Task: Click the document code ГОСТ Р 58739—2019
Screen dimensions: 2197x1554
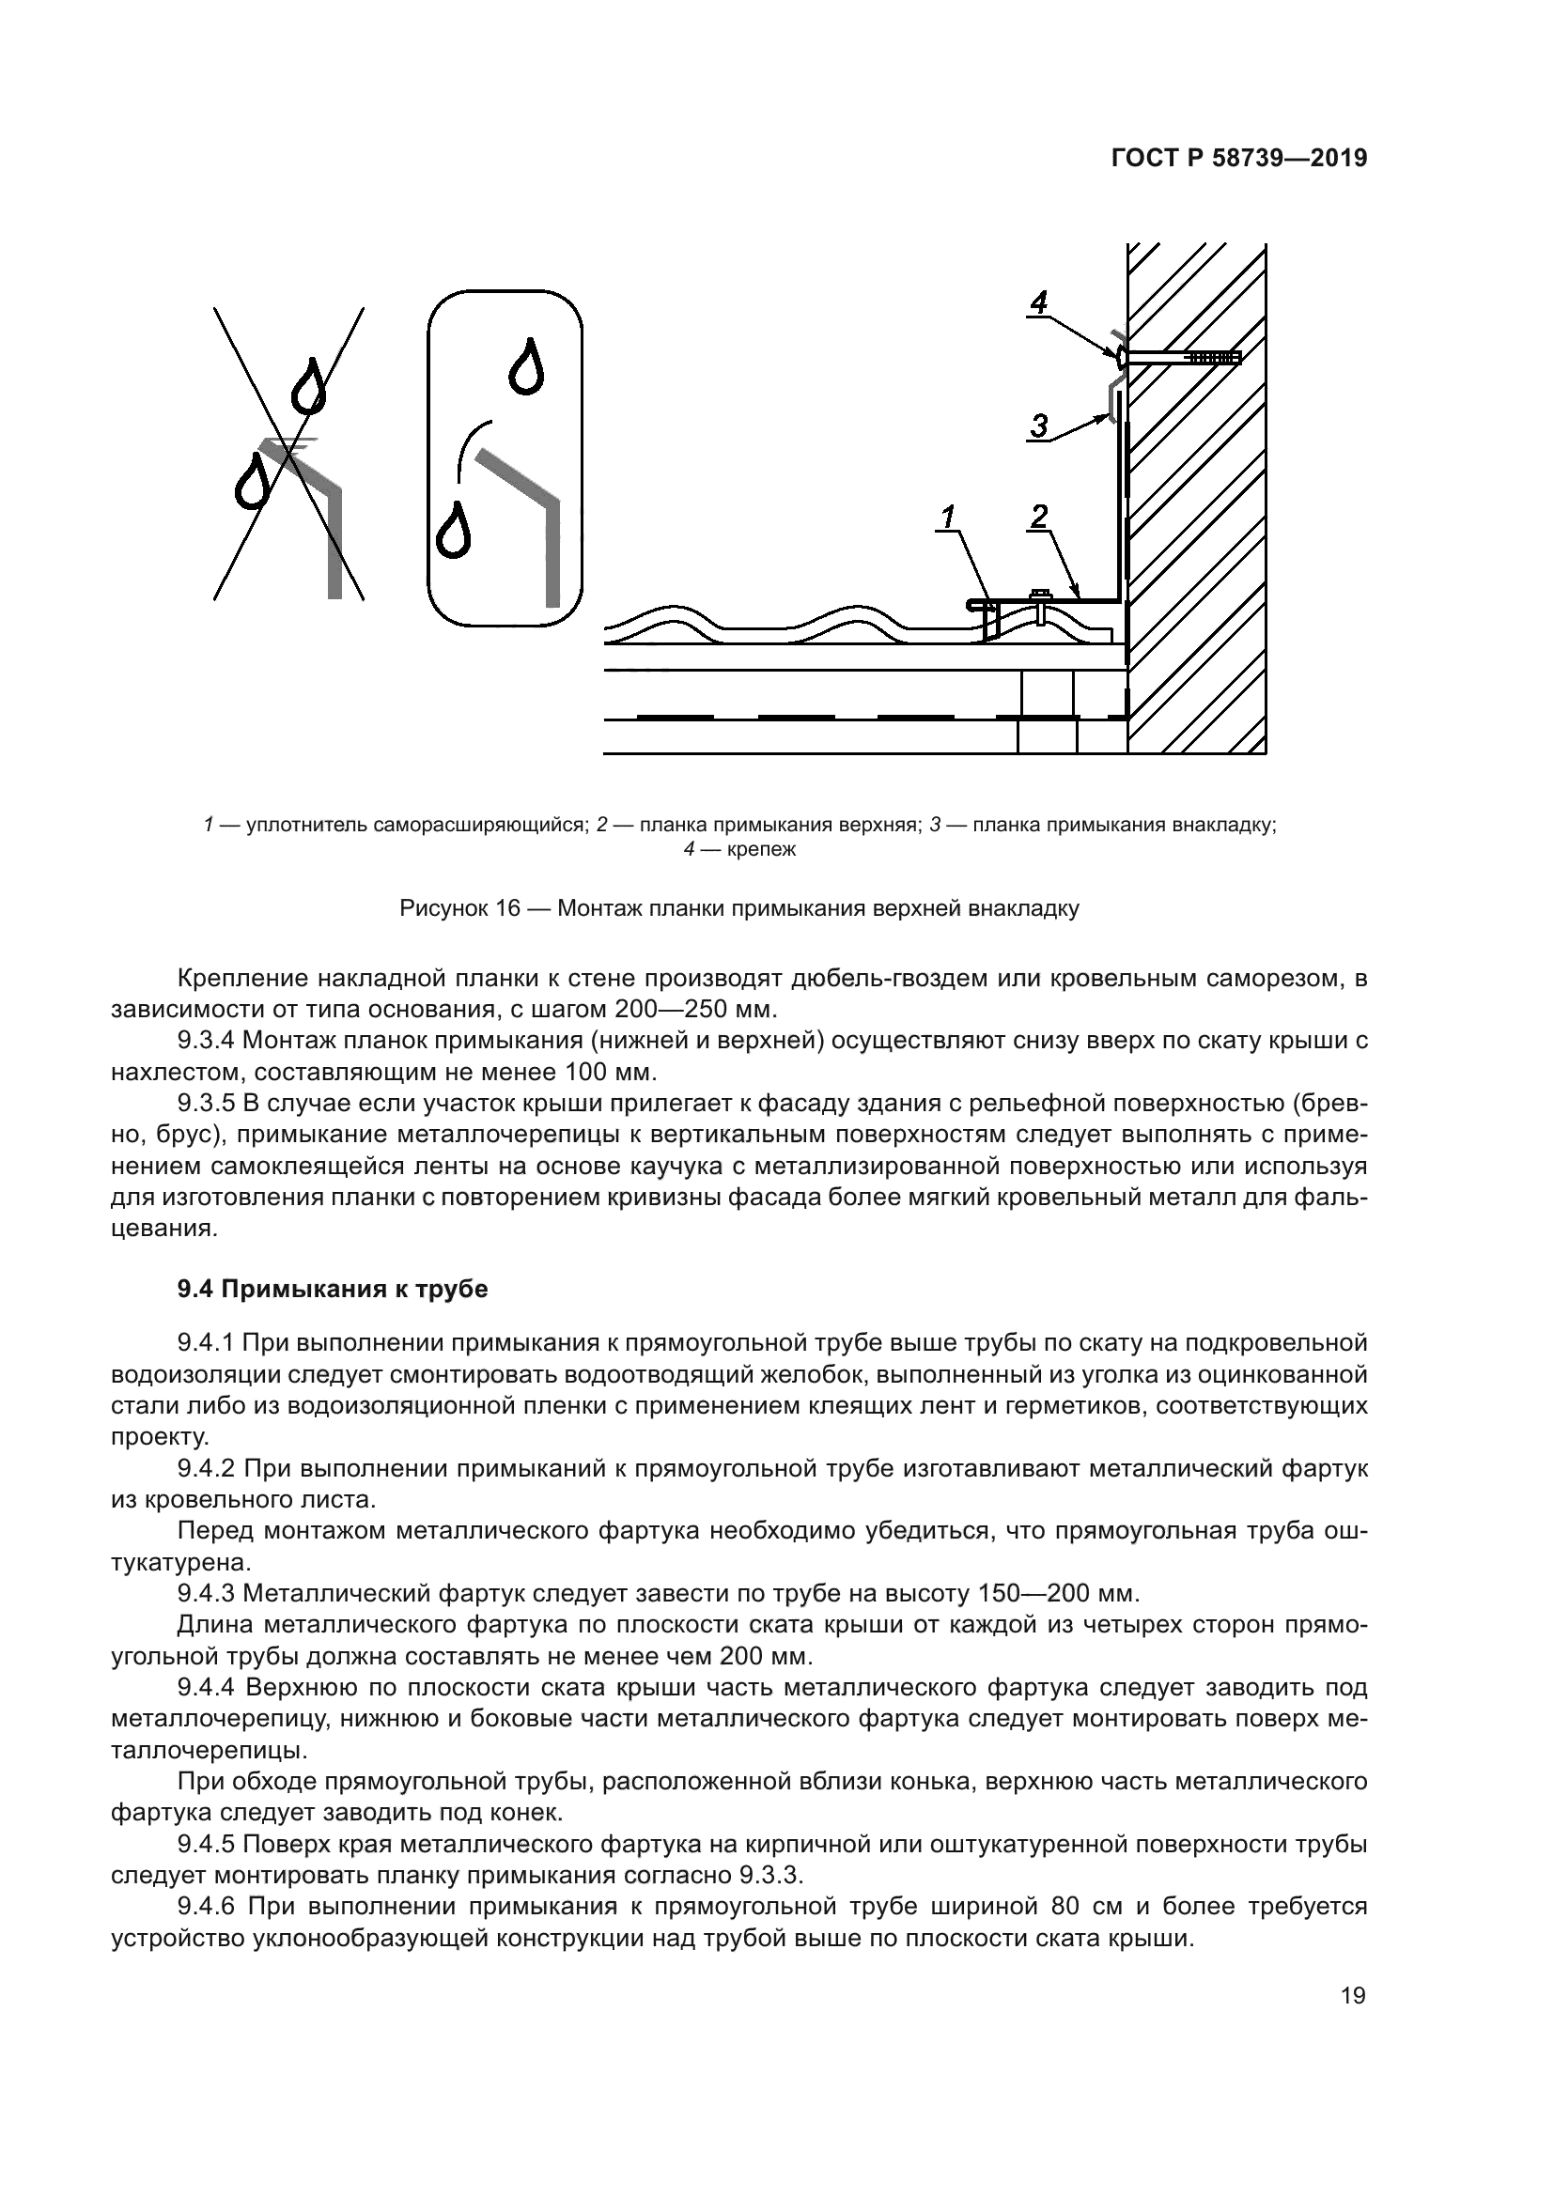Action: point(1238,158)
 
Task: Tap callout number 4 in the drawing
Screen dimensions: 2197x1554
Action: point(1038,302)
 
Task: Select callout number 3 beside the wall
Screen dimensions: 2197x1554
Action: point(1039,424)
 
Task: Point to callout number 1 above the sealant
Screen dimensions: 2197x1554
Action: point(947,518)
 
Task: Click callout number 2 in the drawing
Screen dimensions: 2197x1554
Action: point(1038,516)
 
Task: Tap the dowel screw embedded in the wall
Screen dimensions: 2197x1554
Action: point(1182,358)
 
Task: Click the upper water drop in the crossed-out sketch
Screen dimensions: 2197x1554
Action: point(308,386)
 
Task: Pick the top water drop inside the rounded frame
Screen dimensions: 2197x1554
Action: point(526,366)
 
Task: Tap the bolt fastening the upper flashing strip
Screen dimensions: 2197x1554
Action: point(1040,601)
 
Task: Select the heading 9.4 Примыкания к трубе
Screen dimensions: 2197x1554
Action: point(332,1289)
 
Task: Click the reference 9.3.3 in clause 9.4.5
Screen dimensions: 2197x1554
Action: point(779,1875)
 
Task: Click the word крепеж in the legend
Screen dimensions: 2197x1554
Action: point(761,849)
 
